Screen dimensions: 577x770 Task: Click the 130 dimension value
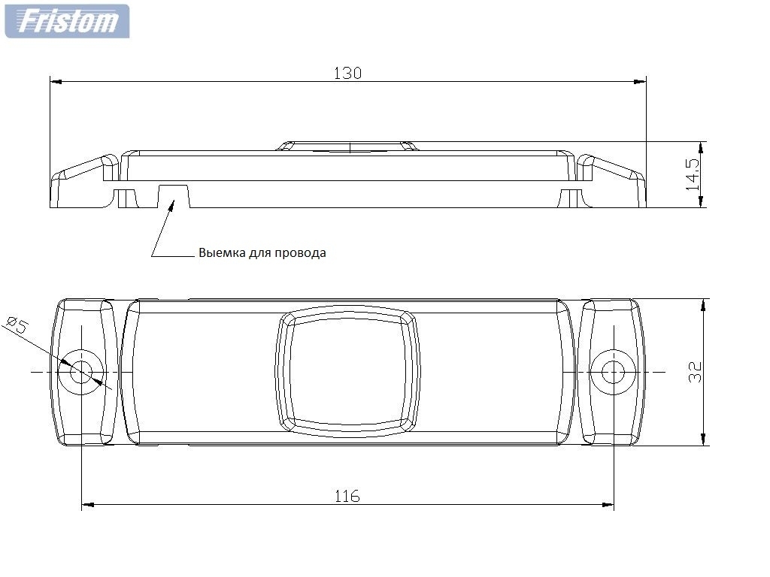[x=347, y=73]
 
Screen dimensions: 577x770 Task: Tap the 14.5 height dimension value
[x=693, y=174]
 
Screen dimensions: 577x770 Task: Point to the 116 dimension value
[x=347, y=496]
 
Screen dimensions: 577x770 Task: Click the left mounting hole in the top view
[x=81, y=372]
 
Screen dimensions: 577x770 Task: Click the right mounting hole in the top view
[x=613, y=372]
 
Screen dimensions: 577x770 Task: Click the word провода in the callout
[x=302, y=253]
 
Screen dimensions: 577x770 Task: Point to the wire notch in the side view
[x=174, y=195]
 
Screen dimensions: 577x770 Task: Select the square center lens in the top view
[x=347, y=372]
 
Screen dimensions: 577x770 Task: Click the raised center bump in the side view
[x=347, y=145]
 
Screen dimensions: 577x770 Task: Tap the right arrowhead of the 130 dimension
[x=641, y=80]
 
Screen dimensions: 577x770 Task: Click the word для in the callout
[x=259, y=253]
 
